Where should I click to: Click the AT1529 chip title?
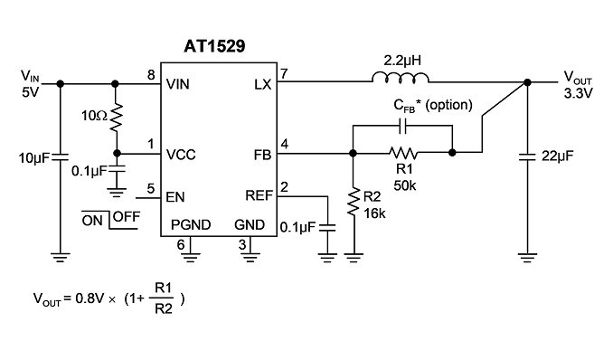point(214,46)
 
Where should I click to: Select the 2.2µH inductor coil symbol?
point(401,78)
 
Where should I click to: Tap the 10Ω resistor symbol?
point(116,117)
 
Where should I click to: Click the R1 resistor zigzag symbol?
point(403,153)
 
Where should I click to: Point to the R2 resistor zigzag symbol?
point(354,202)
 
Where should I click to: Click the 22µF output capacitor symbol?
point(527,156)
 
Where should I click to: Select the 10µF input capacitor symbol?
point(61,157)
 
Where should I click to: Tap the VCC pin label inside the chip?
point(181,155)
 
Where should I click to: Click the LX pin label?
point(262,84)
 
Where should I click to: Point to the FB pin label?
point(262,155)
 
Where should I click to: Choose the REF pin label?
point(259,195)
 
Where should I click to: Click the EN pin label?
point(175,197)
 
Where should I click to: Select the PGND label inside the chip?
point(191,224)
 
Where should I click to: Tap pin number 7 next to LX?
point(284,73)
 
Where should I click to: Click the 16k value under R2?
point(374,213)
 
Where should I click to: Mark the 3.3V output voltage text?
point(579,93)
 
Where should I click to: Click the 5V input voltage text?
point(31,93)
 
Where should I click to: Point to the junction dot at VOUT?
point(527,82)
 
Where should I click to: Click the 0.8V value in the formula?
point(90,298)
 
